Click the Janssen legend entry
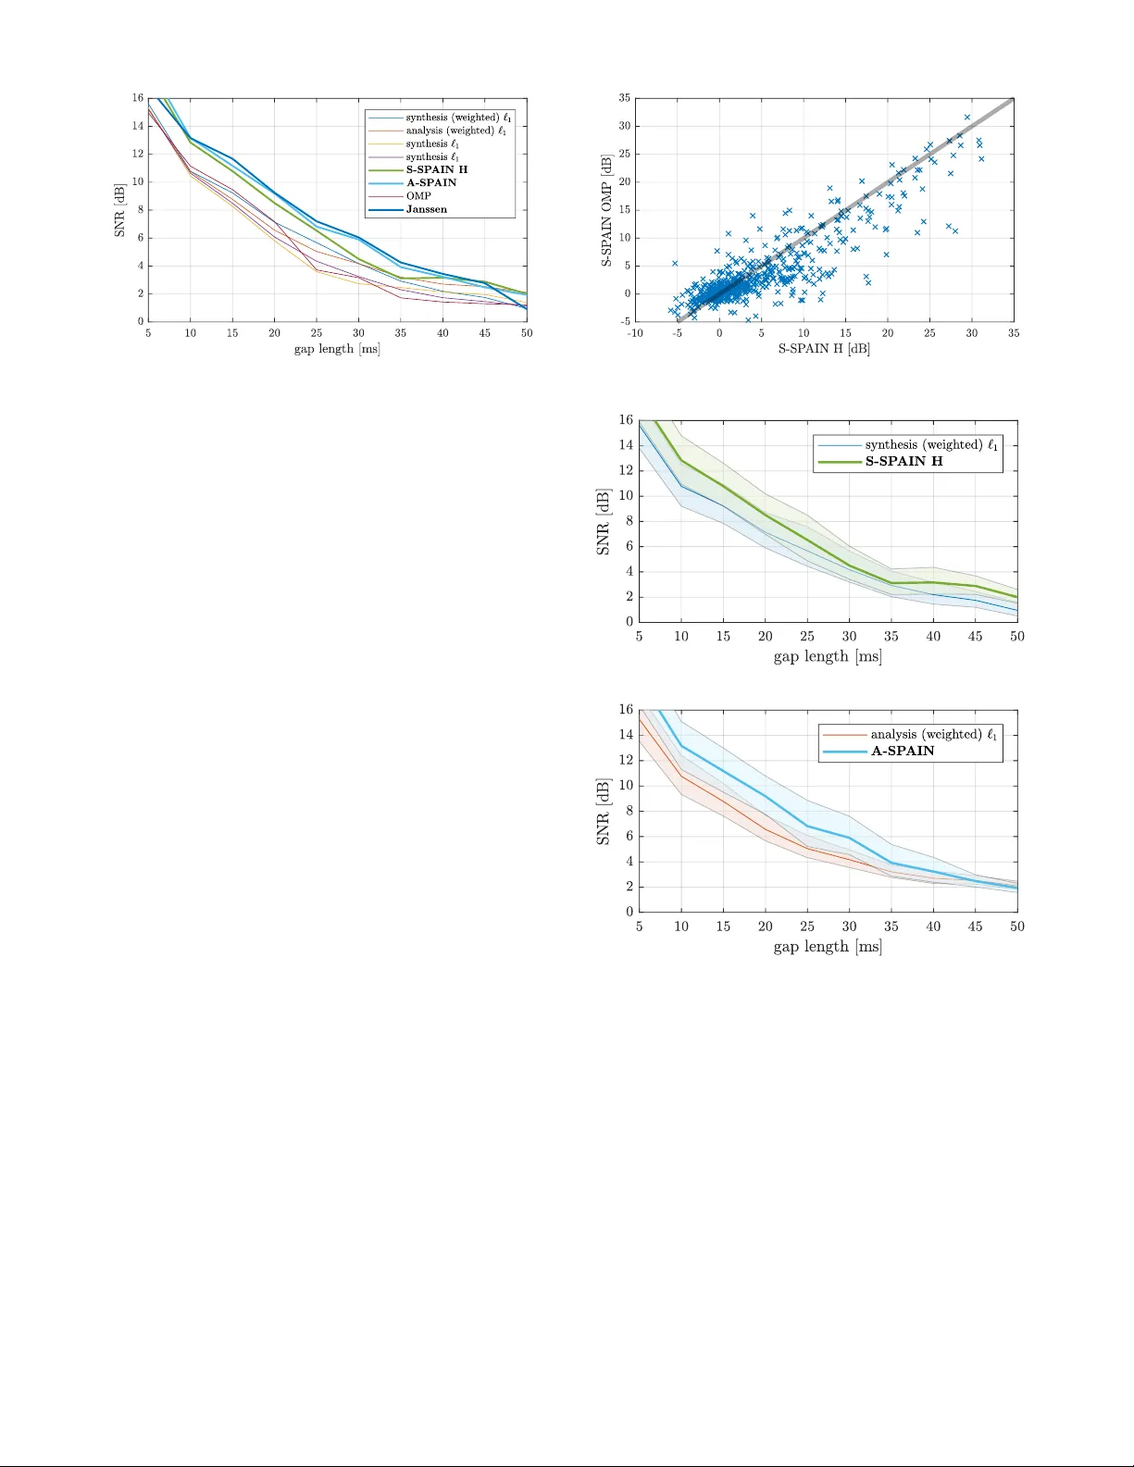[x=426, y=209]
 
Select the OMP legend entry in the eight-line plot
[x=418, y=196]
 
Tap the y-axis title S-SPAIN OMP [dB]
[x=606, y=211]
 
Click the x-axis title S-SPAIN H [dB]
[x=824, y=349]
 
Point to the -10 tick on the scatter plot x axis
[x=635, y=333]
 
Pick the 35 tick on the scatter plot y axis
[x=625, y=98]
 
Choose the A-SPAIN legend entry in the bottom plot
[x=902, y=751]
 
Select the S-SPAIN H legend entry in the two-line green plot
[x=903, y=461]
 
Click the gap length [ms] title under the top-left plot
[x=337, y=349]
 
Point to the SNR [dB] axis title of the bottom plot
[x=604, y=812]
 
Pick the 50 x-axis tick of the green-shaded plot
[x=1016, y=637]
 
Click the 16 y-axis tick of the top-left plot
[x=138, y=98]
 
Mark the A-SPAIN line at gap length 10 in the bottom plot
[x=681, y=746]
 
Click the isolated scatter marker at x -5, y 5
[x=675, y=264]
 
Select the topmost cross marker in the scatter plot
[x=966, y=118]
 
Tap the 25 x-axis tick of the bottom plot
[x=807, y=926]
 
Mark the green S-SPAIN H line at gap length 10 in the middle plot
[x=681, y=460]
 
